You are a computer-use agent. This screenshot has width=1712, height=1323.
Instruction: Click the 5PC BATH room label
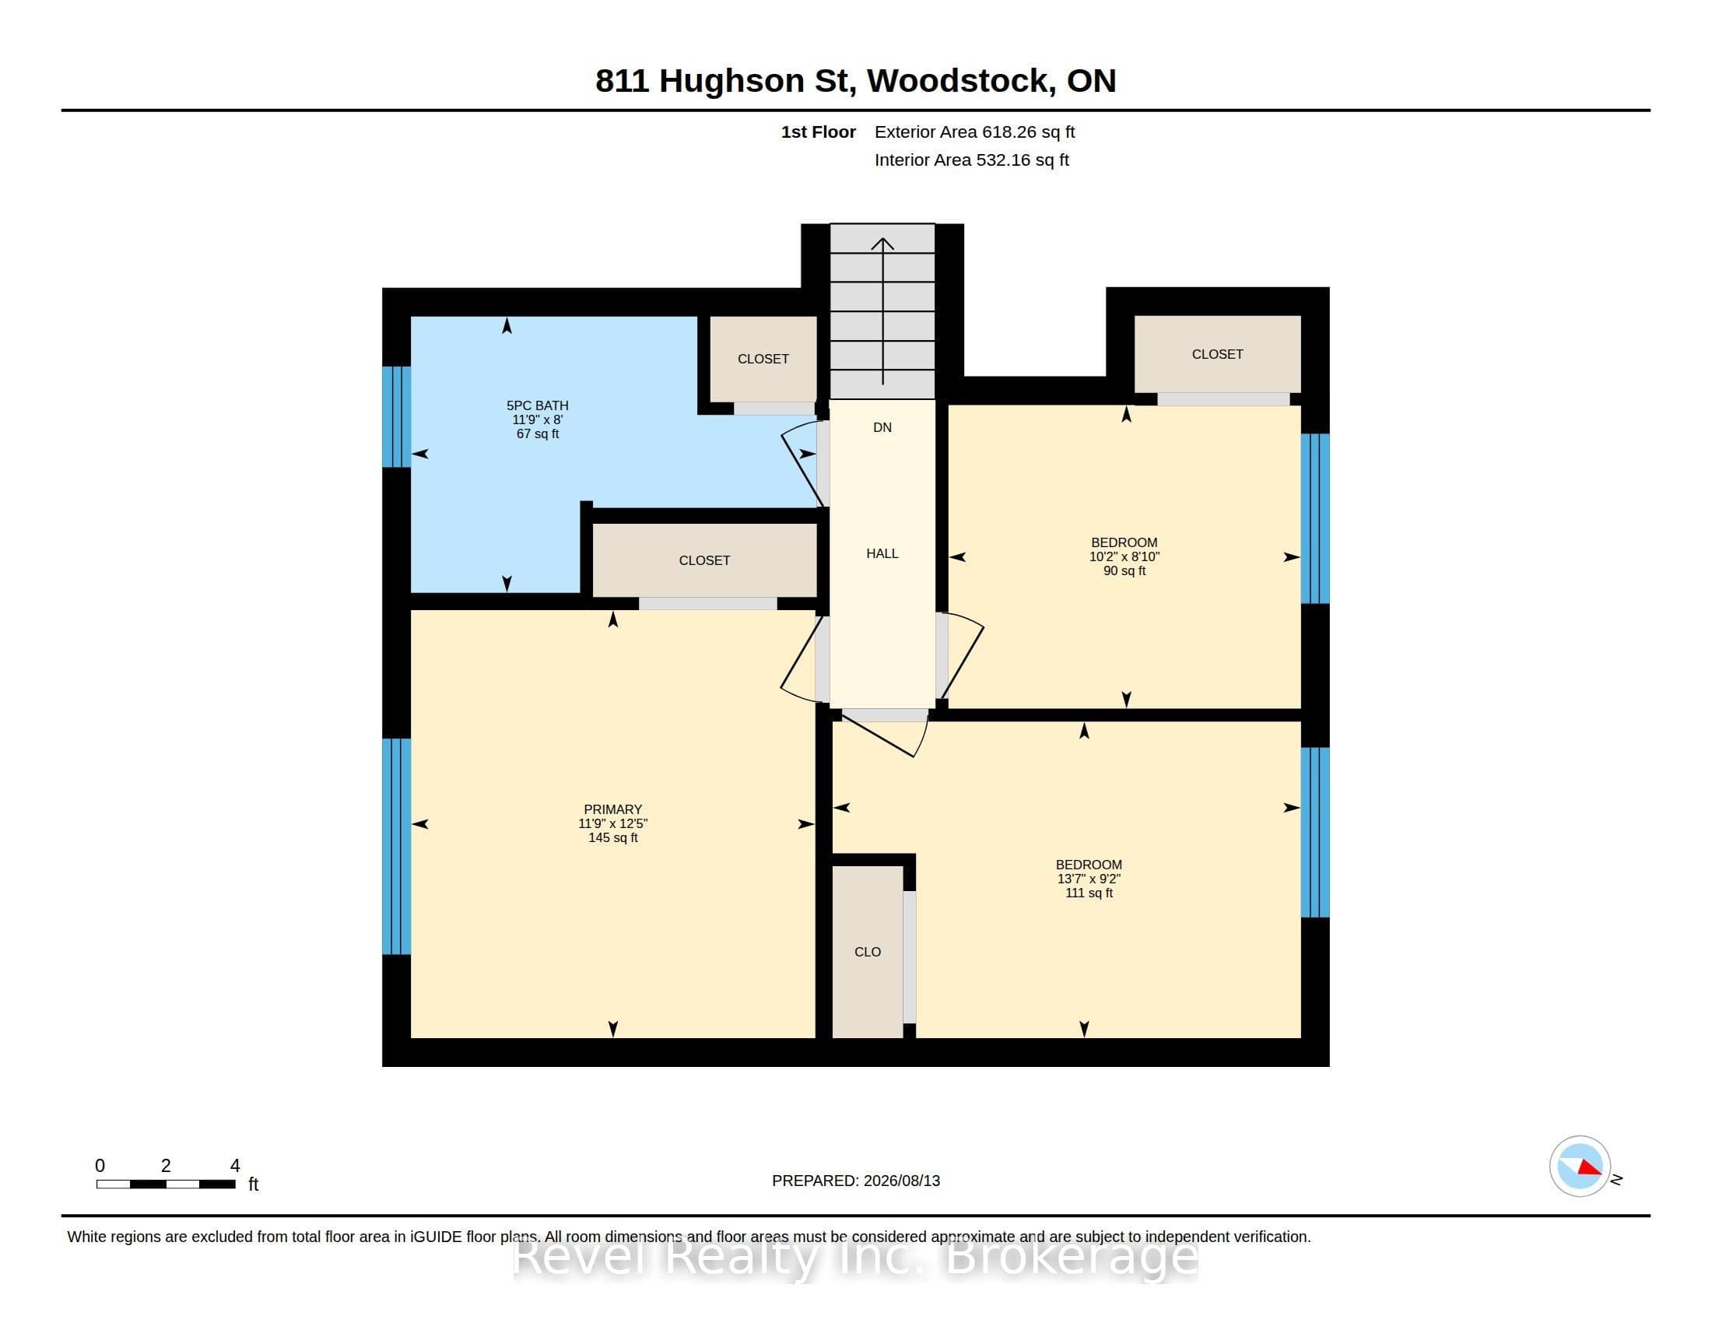click(537, 405)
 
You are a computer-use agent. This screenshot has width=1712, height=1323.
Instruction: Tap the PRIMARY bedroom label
click(613, 809)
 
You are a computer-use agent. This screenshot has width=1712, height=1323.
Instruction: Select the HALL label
click(882, 553)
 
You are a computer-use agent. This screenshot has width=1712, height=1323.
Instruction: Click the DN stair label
click(882, 427)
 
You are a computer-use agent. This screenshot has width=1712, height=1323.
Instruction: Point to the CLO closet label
click(868, 952)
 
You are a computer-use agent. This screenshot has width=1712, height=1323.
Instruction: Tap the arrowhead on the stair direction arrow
click(882, 243)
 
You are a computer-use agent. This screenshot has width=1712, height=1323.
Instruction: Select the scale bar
click(166, 1184)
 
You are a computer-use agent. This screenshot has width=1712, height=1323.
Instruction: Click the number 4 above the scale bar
click(234, 1166)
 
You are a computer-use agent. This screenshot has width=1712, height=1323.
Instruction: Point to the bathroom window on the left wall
click(396, 416)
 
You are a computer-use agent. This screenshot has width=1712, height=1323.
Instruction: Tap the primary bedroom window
click(396, 847)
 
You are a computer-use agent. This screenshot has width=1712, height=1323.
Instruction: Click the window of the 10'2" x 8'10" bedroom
click(1315, 519)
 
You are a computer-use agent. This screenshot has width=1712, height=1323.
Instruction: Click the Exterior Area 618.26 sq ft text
click(974, 132)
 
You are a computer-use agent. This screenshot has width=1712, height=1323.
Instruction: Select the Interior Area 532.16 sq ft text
click(971, 160)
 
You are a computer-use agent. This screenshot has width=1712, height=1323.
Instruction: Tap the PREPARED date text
click(856, 1181)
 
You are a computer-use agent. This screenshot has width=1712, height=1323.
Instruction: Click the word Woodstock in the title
click(960, 81)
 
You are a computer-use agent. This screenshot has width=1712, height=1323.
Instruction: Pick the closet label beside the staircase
click(763, 359)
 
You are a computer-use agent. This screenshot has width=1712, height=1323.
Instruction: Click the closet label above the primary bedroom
click(704, 560)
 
